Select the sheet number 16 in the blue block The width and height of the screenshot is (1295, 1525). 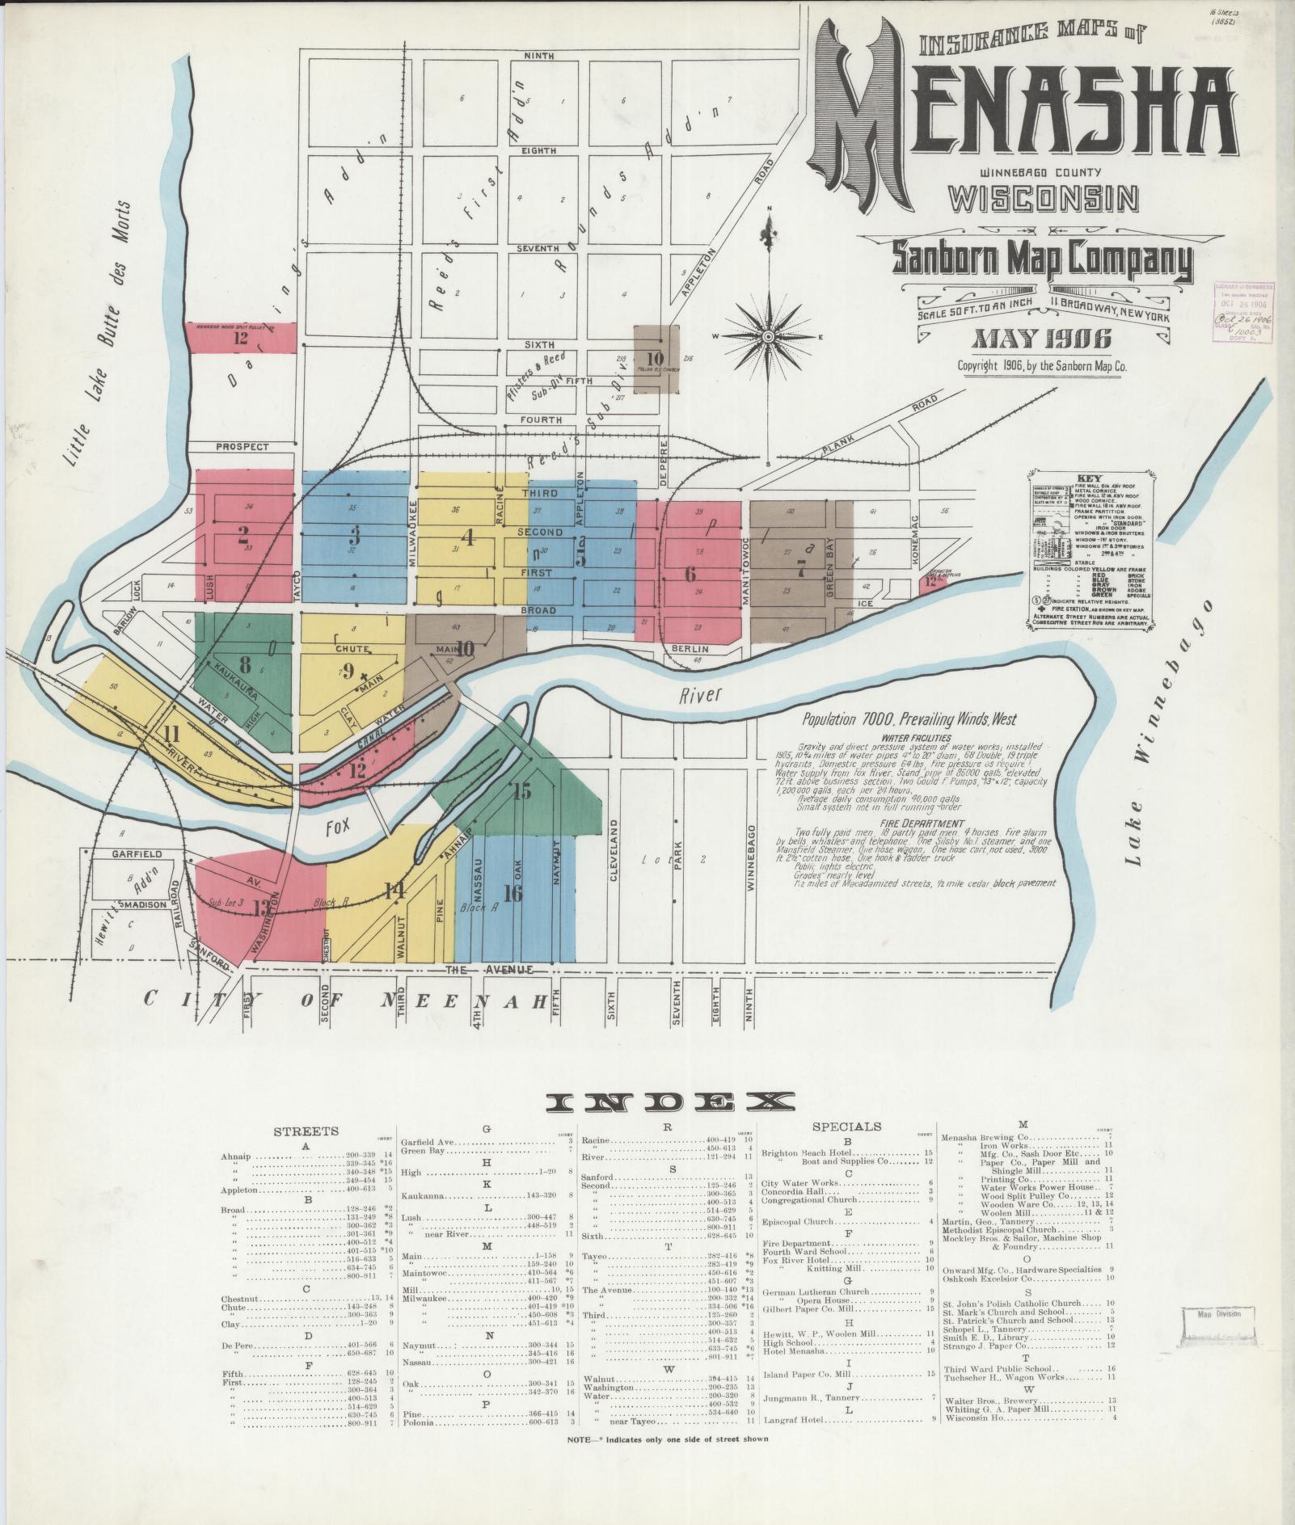[513, 893]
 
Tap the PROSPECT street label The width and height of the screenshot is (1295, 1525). [242, 446]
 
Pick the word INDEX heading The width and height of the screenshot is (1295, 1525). [670, 1102]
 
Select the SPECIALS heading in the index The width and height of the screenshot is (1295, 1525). [846, 1126]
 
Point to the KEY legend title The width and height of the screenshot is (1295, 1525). [1090, 478]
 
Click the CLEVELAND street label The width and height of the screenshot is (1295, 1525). [614, 849]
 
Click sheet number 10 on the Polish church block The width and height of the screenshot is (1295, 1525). [655, 359]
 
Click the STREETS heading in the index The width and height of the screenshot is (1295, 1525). [306, 1131]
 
